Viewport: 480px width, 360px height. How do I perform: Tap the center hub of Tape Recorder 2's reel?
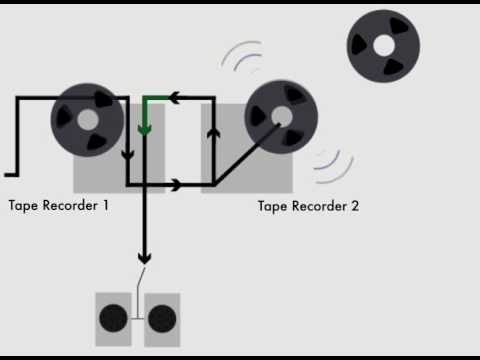(x=281, y=115)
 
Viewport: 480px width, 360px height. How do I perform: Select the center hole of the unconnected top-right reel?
(x=383, y=44)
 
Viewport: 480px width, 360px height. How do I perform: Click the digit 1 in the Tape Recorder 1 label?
(x=104, y=206)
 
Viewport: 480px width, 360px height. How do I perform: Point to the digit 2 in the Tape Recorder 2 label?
(x=354, y=207)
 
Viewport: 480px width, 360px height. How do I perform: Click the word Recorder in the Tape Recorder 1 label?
(x=69, y=206)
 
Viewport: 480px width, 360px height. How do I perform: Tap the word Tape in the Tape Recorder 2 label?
(x=273, y=207)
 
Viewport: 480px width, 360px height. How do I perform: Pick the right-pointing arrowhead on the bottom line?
(x=177, y=184)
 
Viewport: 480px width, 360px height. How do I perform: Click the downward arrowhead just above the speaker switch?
(x=144, y=257)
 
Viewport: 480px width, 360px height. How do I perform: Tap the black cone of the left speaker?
(x=113, y=320)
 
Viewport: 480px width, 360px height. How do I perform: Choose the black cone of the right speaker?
(x=162, y=320)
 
